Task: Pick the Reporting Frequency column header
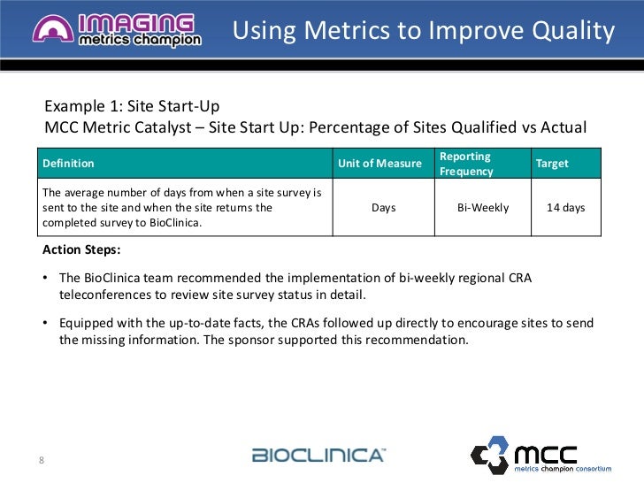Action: [x=467, y=164]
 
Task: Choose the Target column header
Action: [x=552, y=164]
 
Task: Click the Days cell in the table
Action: [x=383, y=208]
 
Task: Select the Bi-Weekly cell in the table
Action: [x=482, y=208]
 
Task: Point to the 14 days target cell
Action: [x=566, y=208]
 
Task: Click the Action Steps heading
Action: [x=81, y=249]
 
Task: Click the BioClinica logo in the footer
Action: [x=318, y=456]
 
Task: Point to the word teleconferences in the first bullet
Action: [x=106, y=295]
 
